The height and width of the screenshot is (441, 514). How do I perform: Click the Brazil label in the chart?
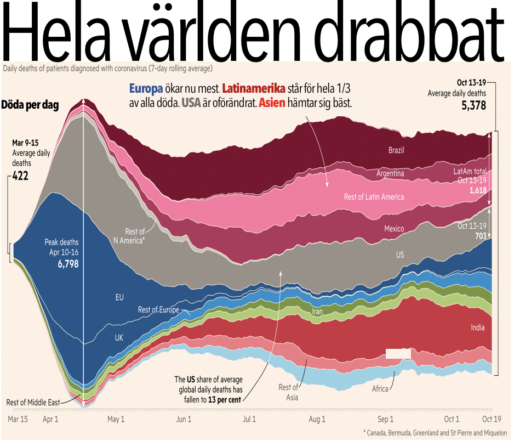click(396, 150)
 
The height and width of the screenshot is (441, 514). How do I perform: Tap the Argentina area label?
click(390, 173)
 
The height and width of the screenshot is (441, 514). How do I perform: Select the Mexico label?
click(393, 229)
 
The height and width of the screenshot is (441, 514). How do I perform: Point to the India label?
click(477, 328)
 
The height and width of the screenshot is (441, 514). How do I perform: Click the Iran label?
click(318, 312)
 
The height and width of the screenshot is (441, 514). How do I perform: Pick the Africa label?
click(380, 389)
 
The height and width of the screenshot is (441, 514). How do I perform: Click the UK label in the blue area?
click(119, 337)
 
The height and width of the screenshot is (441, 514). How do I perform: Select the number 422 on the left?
click(22, 177)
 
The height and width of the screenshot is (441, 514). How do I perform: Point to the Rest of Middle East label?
click(33, 402)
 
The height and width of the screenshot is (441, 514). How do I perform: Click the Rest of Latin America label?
click(374, 197)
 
